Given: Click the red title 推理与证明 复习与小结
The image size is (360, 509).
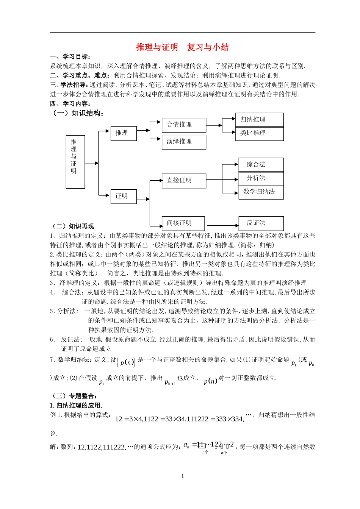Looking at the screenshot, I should pos(182,47).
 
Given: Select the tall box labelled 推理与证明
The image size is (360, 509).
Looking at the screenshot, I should pos(75,162).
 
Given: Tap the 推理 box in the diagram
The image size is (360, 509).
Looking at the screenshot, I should pos(123,133).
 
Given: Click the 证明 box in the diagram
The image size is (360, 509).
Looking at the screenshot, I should pos(123,196).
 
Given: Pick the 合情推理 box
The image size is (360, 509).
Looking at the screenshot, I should pos(184,125).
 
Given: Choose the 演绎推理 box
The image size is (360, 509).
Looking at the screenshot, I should pos(184,142).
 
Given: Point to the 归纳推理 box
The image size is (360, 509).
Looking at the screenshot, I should pos(259,119).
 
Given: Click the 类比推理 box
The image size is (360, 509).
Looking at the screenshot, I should pos(259,133).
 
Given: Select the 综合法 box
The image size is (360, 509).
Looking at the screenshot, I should pos(261,164).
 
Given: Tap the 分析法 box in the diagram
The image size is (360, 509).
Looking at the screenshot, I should pos(261,178).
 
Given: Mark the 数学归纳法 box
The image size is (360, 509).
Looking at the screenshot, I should pos(261,192).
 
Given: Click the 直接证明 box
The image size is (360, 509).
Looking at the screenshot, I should pos(184,181).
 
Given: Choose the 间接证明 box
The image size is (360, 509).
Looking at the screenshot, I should pos(183,223).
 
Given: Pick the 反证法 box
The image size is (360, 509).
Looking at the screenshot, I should pos(261,223).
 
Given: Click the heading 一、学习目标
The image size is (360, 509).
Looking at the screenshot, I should pos(70,56).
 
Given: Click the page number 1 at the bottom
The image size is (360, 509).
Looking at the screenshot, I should pos(182,476).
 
